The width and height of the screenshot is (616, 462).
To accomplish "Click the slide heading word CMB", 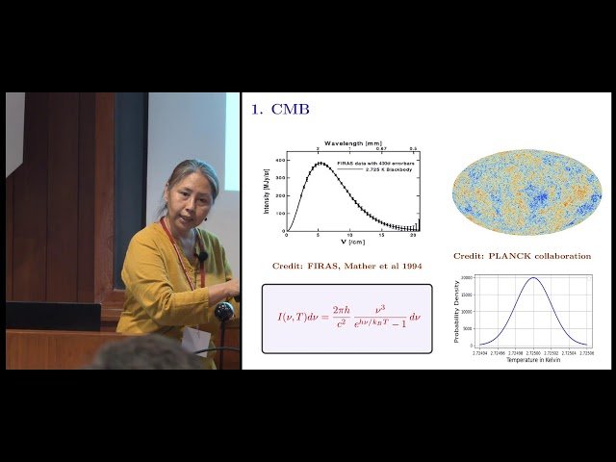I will pyautogui.click(x=291, y=110).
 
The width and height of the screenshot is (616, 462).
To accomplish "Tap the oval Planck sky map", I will pyautogui.click(x=526, y=192).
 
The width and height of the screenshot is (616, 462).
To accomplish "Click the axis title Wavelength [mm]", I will pyautogui.click(x=349, y=141).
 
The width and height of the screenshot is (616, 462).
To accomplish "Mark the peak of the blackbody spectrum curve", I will pyautogui.click(x=320, y=163).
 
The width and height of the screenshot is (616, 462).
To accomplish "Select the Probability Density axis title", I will pyautogui.click(x=458, y=310).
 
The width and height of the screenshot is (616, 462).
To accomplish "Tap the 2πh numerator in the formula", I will pyautogui.click(x=343, y=310).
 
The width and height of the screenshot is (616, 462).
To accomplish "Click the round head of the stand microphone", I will pyautogui.click(x=224, y=312).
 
